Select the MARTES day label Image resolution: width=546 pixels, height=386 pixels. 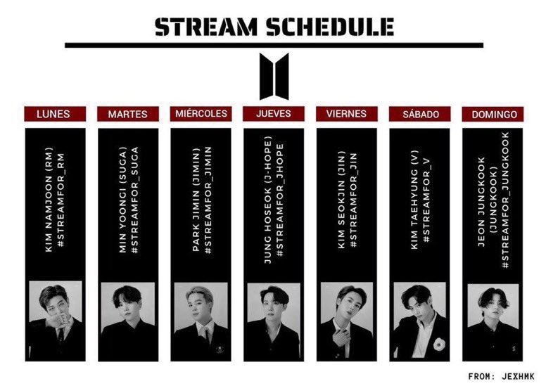[128, 114]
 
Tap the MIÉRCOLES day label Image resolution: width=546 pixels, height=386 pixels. [201, 114]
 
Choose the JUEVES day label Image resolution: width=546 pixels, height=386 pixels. [274, 114]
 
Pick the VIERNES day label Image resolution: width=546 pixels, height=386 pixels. [347, 114]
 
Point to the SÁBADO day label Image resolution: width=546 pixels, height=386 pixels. [419, 114]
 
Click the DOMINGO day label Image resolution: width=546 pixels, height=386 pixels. [493, 114]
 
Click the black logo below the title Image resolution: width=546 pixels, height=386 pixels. [274, 76]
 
